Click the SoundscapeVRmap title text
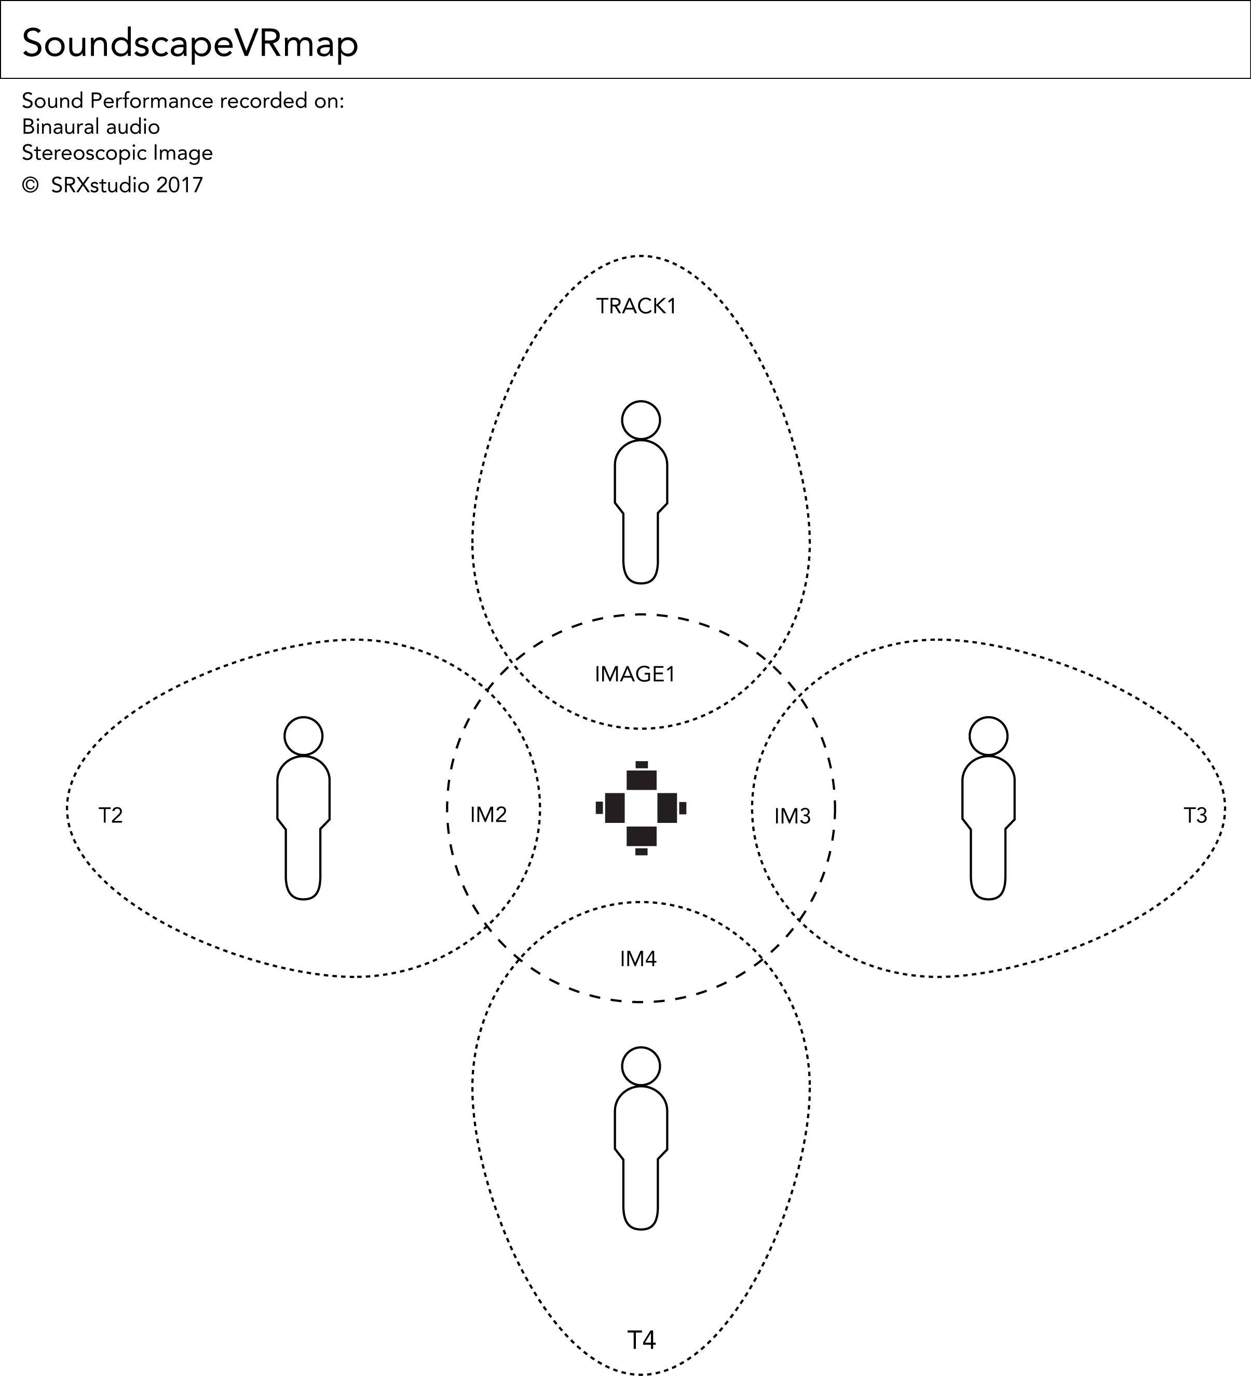pos(190,44)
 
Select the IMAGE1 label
pos(635,675)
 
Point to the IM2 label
pos(488,815)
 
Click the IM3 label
pos(792,816)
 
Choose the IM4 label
pos(638,959)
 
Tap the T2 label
pos(111,816)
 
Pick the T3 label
pos(1195,816)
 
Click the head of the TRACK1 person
pos(641,420)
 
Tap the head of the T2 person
pos(303,736)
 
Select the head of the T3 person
pos(988,736)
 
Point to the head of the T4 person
pos(641,1065)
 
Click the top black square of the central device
pos(641,779)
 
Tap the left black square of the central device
pos(615,808)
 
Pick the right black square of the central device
pos(667,808)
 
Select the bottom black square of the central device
pos(641,836)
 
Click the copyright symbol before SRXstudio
pos(30,185)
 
